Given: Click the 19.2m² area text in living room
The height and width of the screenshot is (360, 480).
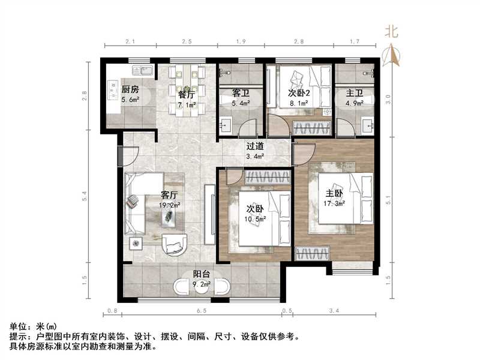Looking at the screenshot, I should pyautogui.click(x=169, y=205).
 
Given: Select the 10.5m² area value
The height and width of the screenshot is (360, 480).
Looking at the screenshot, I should pyautogui.click(x=255, y=219).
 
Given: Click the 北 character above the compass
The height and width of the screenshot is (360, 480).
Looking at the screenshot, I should pyautogui.click(x=392, y=32).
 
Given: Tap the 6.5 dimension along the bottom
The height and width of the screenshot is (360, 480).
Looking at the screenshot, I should pyautogui.click(x=201, y=311).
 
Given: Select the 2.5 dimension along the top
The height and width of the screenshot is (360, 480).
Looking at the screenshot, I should pyautogui.click(x=187, y=41).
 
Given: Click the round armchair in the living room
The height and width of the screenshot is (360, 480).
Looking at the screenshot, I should pyautogui.click(x=175, y=243).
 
